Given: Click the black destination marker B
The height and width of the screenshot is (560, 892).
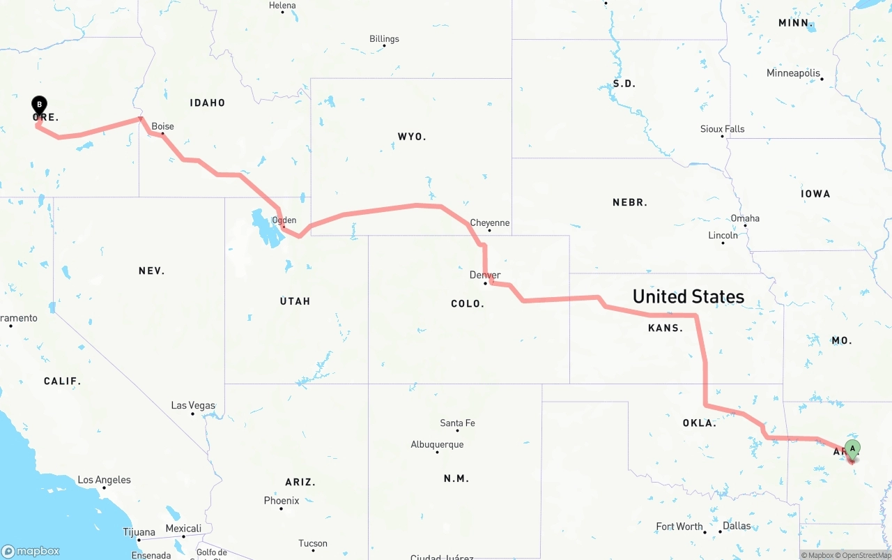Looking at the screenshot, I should pyautogui.click(x=40, y=105).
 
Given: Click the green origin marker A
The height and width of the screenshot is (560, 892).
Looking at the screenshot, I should pyautogui.click(x=852, y=449).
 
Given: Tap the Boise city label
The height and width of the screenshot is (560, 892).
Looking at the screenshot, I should pyautogui.click(x=162, y=126).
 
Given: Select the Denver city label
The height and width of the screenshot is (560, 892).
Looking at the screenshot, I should pyautogui.click(x=485, y=275).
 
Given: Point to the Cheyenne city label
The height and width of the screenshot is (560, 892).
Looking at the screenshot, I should pyautogui.click(x=489, y=222).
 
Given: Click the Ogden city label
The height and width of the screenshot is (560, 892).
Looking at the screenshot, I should pyautogui.click(x=284, y=220).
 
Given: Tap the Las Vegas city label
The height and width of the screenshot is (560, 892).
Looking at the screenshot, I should pyautogui.click(x=193, y=405).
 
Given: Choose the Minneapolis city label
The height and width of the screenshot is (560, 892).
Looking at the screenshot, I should pyautogui.click(x=793, y=73).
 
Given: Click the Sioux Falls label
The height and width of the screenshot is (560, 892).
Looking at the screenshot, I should pyautogui.click(x=722, y=128).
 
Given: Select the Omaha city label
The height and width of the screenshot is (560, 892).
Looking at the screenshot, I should pyautogui.click(x=745, y=218).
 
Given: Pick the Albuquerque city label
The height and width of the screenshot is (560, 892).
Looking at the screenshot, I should pyautogui.click(x=437, y=444).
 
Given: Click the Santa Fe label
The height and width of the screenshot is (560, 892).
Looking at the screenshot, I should pyautogui.click(x=457, y=423).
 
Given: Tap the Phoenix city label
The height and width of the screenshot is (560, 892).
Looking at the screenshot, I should pyautogui.click(x=282, y=500).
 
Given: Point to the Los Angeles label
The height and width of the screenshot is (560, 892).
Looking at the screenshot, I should pyautogui.click(x=104, y=480).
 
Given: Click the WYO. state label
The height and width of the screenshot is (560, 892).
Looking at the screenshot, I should pyautogui.click(x=412, y=136).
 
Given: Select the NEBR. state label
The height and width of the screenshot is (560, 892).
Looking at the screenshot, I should pyautogui.click(x=630, y=202).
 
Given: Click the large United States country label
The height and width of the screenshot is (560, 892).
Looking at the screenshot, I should pyautogui.click(x=688, y=296).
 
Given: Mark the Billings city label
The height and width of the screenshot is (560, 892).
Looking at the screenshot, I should pyautogui.click(x=384, y=38).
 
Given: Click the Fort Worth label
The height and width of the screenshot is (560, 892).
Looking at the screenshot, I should pyautogui.click(x=679, y=526).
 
